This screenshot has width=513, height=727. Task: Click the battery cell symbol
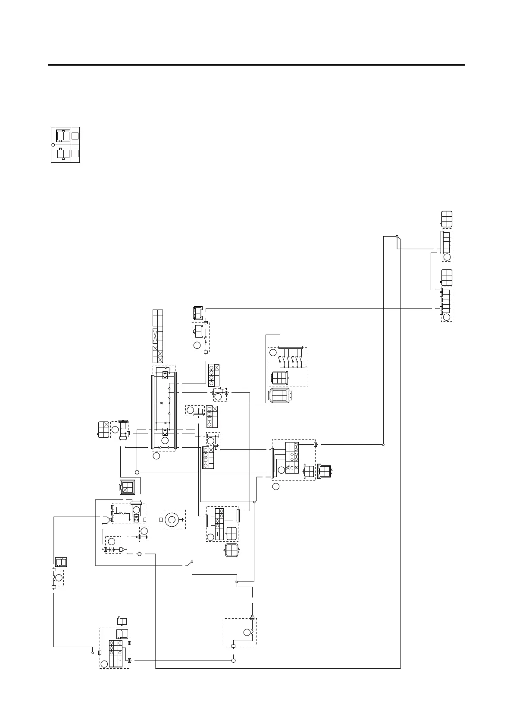coord(113,550)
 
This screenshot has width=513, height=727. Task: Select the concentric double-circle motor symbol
coord(172,520)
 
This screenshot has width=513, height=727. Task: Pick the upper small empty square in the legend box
coord(75,136)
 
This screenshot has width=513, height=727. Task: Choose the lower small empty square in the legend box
coord(75,153)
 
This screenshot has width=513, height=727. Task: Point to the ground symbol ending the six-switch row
coord(306,367)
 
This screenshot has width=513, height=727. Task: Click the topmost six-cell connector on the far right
coord(447,218)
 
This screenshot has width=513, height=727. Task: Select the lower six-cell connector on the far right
coord(447,277)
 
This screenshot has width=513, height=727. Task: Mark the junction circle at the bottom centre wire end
coord(233,661)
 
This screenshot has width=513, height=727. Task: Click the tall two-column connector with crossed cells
coord(158,336)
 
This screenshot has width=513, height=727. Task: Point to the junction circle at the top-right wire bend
coord(397,237)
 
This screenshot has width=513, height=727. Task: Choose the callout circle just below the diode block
coord(156,455)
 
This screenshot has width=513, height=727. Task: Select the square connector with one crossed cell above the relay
coord(128,487)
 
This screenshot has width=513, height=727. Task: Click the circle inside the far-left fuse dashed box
coord(59,578)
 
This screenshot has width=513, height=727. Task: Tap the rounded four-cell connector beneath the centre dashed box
coord(232,550)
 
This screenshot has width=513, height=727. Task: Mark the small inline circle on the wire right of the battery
coord(139,553)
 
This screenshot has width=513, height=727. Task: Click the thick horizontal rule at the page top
coord(256,65)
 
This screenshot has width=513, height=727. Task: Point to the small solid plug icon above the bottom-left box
coord(122,621)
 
